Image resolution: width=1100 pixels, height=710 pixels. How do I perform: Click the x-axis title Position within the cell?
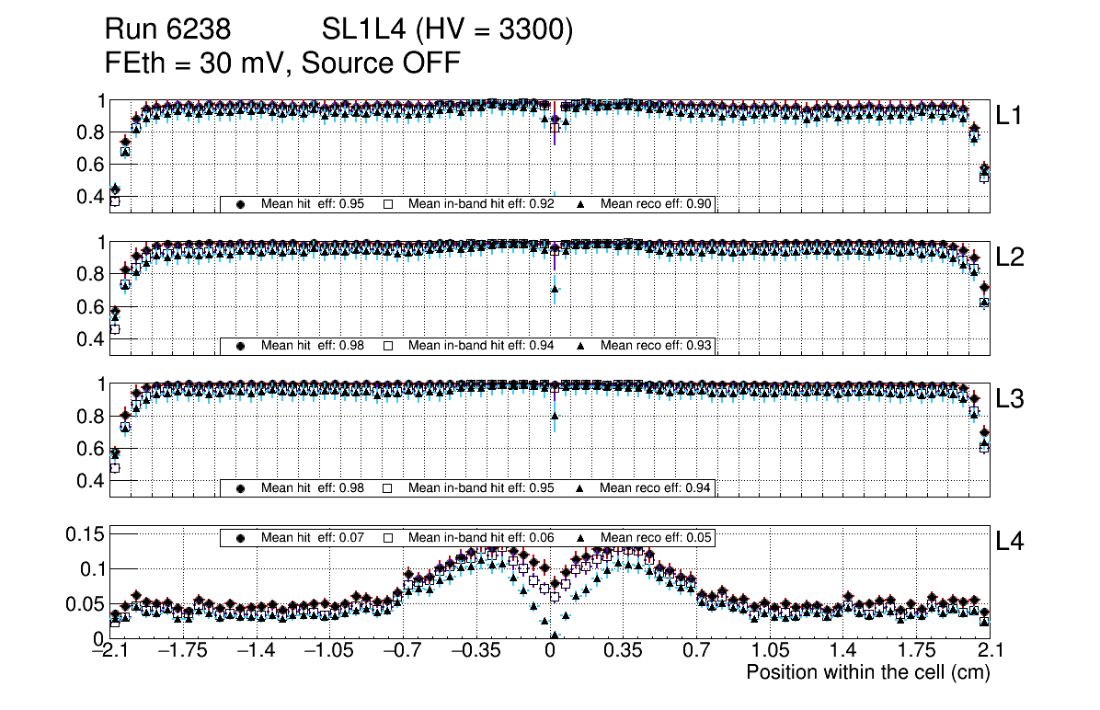tap(867, 672)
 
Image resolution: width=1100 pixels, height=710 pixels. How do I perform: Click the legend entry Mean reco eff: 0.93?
tap(647, 346)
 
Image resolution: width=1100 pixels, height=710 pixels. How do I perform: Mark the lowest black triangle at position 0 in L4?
tap(554, 635)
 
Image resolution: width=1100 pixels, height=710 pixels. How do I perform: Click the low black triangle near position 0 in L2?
tap(555, 290)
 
